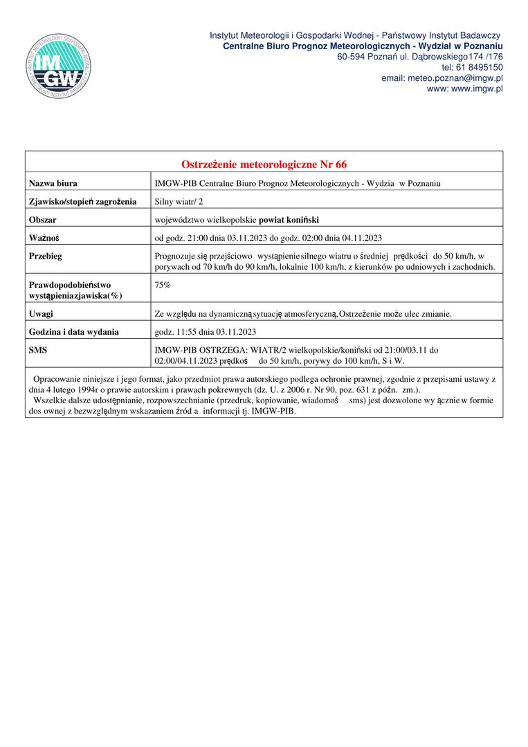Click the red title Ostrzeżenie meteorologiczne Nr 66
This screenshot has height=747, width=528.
[x=264, y=165]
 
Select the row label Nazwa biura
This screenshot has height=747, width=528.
[x=53, y=184]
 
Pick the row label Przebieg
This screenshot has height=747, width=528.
[x=46, y=256]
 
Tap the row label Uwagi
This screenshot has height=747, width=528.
[x=41, y=314]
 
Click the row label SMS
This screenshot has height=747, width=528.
[x=38, y=350]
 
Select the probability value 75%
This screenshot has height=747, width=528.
[x=163, y=285]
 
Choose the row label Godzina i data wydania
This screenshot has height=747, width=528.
[x=73, y=332]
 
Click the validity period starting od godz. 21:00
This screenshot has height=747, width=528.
[x=268, y=239]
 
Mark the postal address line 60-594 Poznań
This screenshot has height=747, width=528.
[x=419, y=56]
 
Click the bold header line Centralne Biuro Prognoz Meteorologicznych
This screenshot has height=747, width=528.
[x=363, y=46]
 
